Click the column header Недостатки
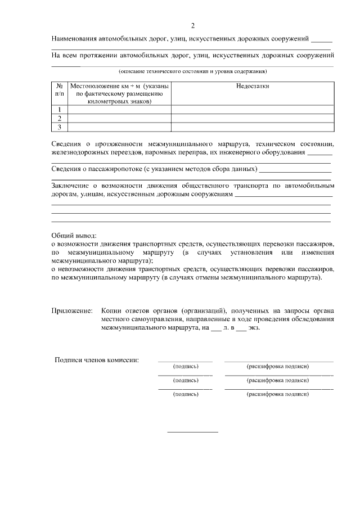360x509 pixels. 253,87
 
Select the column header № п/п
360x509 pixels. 59,91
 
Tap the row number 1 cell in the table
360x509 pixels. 59,109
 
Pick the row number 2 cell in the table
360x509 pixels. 59,118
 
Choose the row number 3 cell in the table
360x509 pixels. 59,127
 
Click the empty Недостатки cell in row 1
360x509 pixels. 253,109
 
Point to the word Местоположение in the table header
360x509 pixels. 92,87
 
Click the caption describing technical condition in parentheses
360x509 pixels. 192,71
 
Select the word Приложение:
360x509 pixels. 72,310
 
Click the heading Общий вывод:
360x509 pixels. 74,236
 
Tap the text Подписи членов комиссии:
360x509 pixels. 97,360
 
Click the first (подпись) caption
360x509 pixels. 186,366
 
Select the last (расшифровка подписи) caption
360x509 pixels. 278,394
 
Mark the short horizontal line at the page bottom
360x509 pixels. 193,432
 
